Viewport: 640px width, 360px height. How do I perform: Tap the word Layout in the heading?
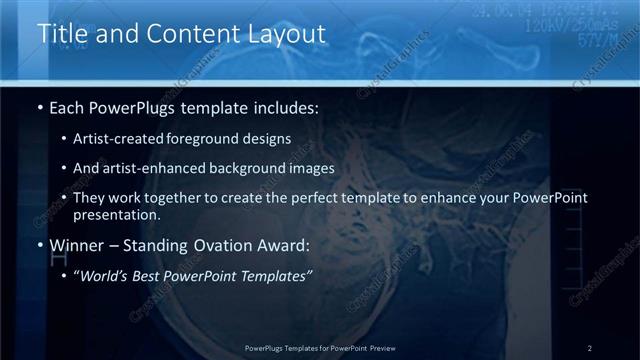pos(286,34)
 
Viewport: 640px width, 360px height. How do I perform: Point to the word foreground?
pos(220,138)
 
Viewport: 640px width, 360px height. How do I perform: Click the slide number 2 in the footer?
pos(589,348)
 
